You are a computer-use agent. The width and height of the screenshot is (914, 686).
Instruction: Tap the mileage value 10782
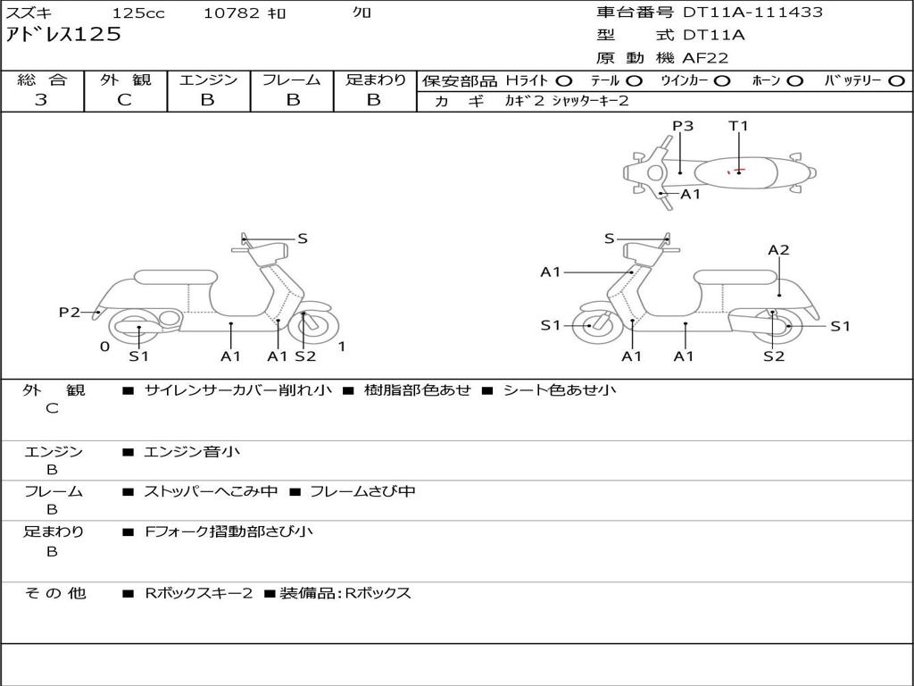pyautogui.click(x=231, y=13)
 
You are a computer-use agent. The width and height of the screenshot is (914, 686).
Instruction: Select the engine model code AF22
pyautogui.click(x=705, y=58)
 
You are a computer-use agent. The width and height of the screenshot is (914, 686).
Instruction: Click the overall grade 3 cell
pyautogui.click(x=41, y=100)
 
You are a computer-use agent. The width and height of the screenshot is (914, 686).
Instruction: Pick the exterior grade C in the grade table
pyautogui.click(x=124, y=100)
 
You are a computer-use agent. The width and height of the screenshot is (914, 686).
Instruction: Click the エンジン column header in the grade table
pyautogui.click(x=208, y=79)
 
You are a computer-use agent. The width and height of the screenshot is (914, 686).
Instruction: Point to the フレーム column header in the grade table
pyautogui.click(x=291, y=79)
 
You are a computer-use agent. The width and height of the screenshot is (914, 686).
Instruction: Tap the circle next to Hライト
pyautogui.click(x=564, y=80)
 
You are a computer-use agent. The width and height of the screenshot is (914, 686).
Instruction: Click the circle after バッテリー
pyautogui.click(x=895, y=80)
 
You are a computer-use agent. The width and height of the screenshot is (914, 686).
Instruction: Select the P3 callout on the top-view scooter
pyautogui.click(x=683, y=126)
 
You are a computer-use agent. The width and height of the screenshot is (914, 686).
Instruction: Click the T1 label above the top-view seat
pyautogui.click(x=738, y=126)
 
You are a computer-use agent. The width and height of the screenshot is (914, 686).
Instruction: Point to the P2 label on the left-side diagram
pyautogui.click(x=70, y=312)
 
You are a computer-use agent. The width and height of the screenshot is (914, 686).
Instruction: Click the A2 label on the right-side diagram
pyautogui.click(x=778, y=250)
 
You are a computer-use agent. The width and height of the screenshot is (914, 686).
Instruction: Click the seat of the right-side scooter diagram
pyautogui.click(x=735, y=277)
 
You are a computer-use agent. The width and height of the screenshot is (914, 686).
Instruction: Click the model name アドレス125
pyautogui.click(x=63, y=35)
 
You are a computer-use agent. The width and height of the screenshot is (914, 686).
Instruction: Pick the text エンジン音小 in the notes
pyautogui.click(x=192, y=452)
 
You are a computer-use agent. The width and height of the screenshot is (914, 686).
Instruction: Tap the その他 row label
pyautogui.click(x=54, y=593)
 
